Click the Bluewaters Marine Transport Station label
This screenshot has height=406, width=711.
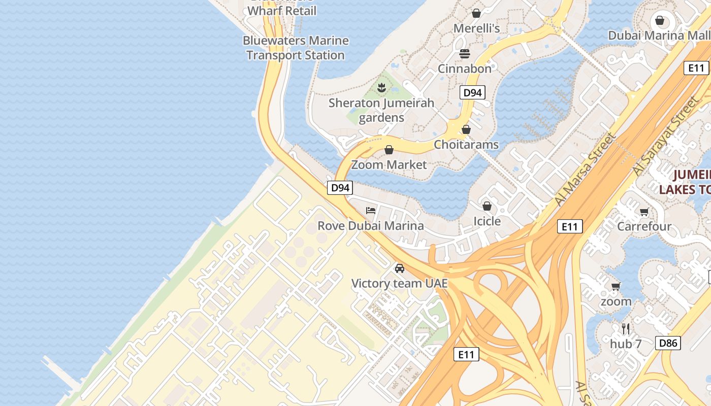296,48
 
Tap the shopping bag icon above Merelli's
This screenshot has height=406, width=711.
476,13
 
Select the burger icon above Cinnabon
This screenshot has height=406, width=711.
465,53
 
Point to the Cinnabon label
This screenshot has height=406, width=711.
465,69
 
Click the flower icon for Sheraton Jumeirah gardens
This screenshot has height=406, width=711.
381,88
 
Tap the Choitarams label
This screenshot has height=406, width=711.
466,145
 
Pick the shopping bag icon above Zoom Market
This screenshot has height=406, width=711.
389,150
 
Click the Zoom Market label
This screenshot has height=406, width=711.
389,165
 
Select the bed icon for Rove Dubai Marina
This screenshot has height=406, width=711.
371,211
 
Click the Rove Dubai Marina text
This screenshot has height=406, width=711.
371,226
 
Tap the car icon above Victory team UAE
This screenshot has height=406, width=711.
400,268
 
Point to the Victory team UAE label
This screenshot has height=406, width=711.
400,283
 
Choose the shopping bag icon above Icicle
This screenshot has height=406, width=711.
487,206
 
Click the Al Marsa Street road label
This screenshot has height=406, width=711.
586,169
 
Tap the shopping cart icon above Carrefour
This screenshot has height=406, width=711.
644,212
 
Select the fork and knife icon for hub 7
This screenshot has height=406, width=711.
626,329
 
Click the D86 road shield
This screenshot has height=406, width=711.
668,343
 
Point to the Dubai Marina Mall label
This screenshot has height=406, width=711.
659,36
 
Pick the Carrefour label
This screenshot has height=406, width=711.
644,226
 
